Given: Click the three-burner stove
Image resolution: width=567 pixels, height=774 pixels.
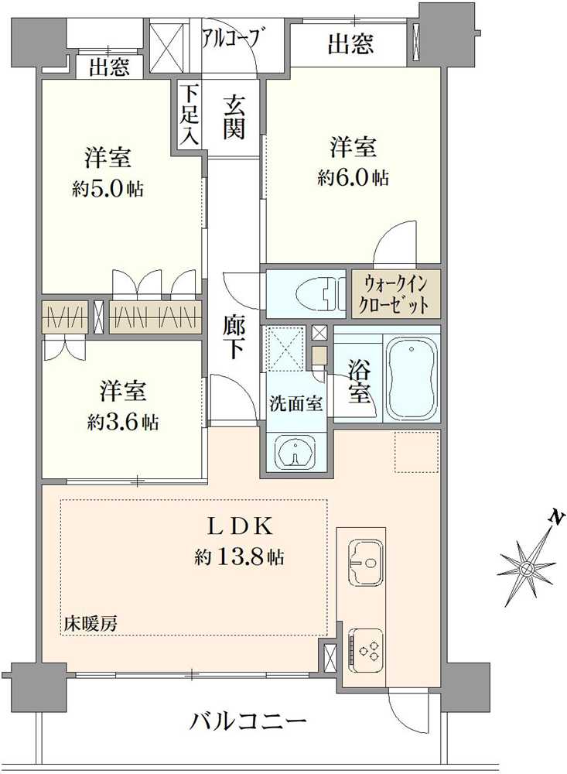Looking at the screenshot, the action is click(365, 649).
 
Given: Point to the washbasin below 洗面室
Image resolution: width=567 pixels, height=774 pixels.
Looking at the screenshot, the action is click(295, 451).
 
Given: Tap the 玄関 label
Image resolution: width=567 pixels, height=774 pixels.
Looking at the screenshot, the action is click(234, 118).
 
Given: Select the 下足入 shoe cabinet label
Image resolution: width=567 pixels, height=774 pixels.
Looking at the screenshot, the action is click(189, 115).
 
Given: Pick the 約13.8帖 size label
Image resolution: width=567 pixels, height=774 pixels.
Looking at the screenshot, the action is click(239, 558).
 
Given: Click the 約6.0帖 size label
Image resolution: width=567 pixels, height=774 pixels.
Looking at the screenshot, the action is click(353, 177).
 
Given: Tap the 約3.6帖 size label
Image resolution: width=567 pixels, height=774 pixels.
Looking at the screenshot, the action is click(123, 423).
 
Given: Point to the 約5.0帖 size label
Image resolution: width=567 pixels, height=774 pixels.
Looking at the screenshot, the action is click(108, 189).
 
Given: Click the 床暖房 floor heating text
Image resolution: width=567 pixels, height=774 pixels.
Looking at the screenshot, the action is click(90, 624).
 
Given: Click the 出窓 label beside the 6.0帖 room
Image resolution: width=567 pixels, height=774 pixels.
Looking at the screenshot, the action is click(351, 43).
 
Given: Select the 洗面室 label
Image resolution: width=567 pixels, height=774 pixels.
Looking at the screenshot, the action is click(295, 403).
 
